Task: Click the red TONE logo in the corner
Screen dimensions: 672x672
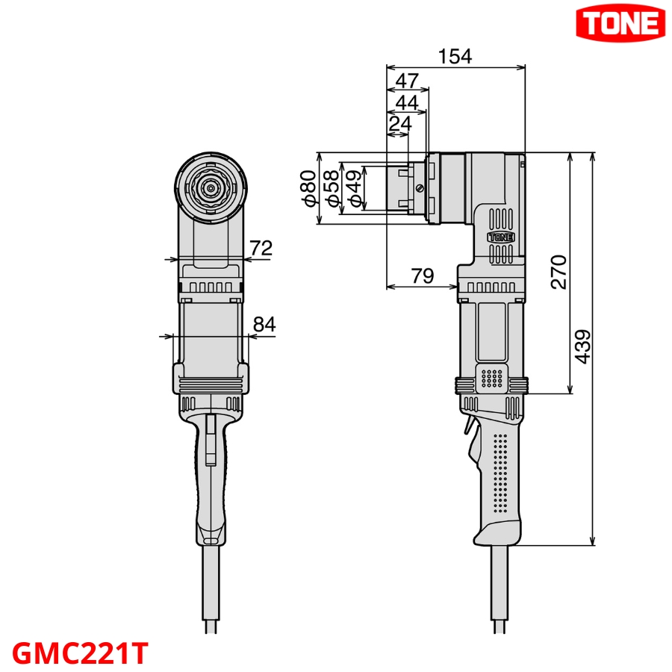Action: tap(619, 24)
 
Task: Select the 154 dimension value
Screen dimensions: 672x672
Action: tap(455, 57)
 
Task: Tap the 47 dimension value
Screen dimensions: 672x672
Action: tap(407, 81)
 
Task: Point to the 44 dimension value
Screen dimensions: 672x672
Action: tap(407, 102)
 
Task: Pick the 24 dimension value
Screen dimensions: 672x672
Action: tap(400, 124)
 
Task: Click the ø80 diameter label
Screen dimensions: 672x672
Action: tap(307, 187)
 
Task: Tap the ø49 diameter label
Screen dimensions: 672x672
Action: tap(355, 187)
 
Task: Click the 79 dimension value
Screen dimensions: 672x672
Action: tap(422, 276)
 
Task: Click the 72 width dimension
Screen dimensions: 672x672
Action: tap(261, 249)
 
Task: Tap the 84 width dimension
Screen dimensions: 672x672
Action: tap(264, 325)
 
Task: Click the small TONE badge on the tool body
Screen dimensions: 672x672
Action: tap(500, 237)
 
